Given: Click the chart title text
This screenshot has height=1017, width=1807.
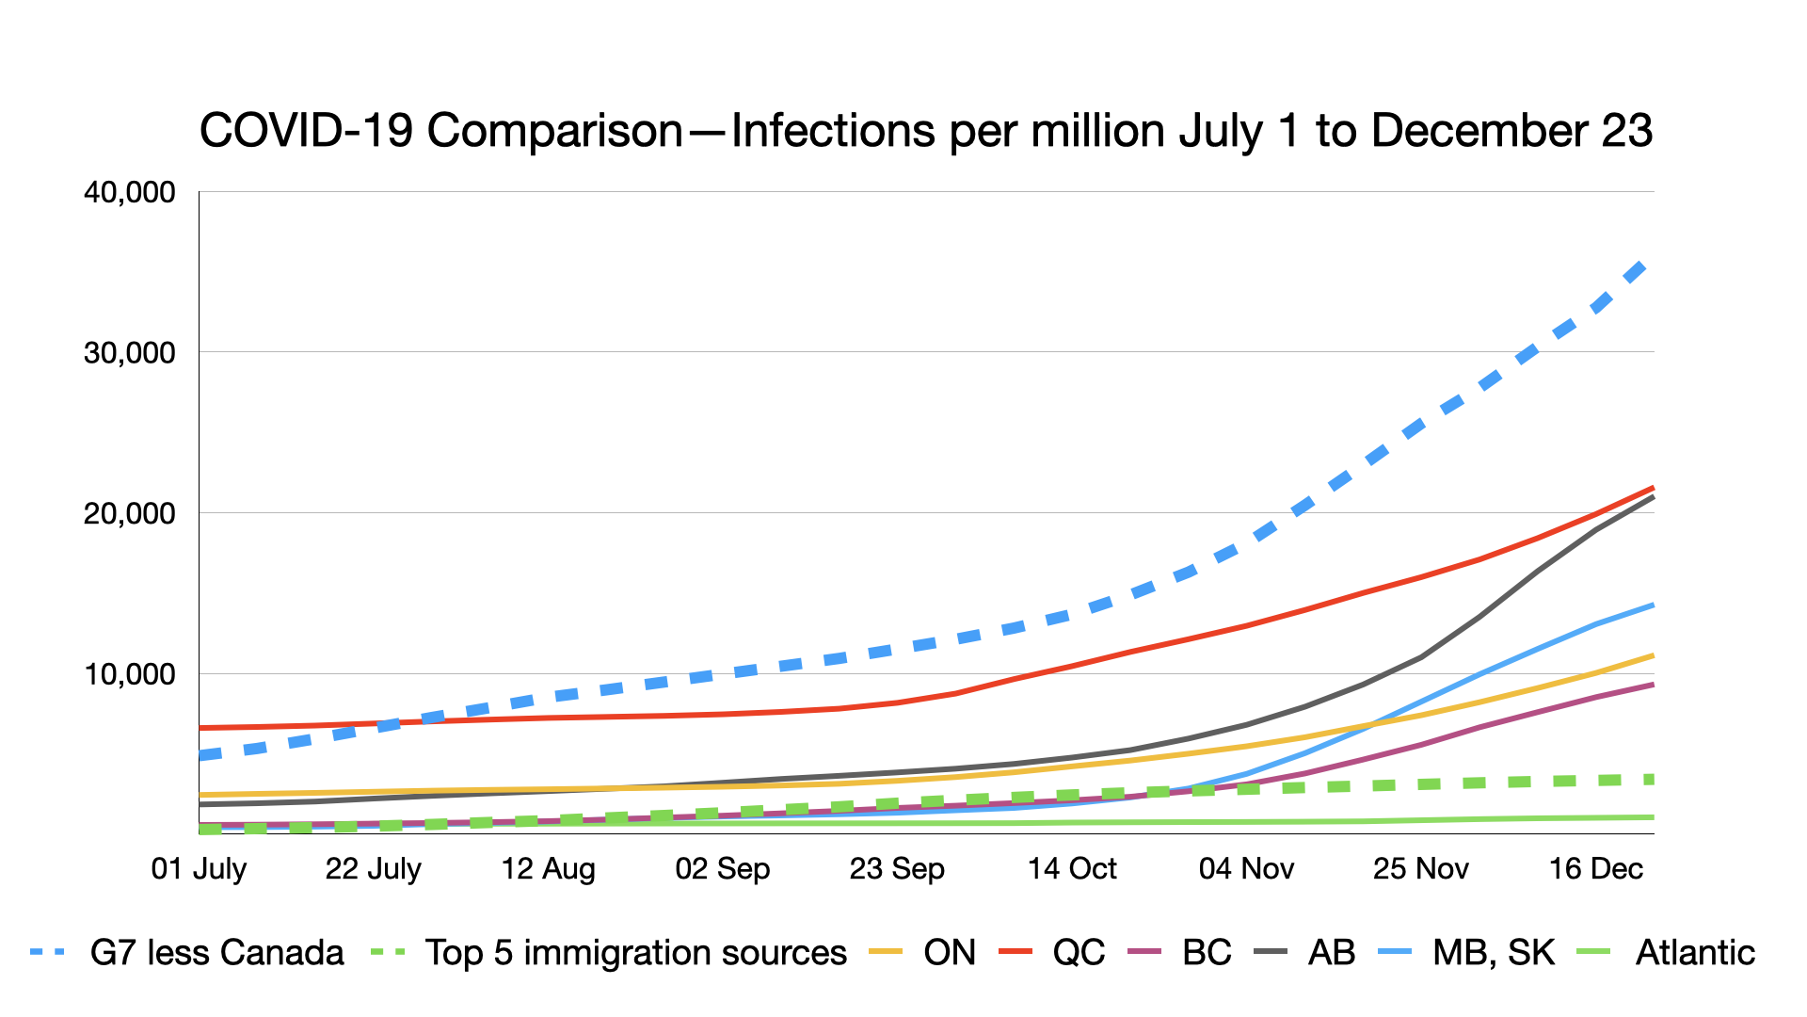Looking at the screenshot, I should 926,131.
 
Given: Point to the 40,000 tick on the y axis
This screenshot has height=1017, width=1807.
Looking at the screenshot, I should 130,192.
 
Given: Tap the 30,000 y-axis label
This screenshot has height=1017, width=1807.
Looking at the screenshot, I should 130,353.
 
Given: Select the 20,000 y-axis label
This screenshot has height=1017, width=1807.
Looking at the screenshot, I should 130,513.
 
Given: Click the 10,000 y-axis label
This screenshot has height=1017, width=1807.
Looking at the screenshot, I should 130,674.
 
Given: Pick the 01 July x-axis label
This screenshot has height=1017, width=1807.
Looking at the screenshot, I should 199,868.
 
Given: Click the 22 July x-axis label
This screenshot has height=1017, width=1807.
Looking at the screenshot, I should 374,868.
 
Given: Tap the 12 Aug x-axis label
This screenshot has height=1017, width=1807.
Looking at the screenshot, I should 548,868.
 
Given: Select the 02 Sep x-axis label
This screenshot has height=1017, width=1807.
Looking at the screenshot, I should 723,868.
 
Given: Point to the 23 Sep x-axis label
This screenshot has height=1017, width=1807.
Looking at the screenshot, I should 897,868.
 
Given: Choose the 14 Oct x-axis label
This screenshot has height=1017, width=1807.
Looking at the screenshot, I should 1072,868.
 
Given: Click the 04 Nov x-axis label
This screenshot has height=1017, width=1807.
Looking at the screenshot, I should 1246,868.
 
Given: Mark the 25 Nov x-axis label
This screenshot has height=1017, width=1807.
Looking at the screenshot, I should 1421,868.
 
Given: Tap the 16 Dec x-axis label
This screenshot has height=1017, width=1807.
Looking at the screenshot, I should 1596,868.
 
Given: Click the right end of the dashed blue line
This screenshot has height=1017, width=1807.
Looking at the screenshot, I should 1642,265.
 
